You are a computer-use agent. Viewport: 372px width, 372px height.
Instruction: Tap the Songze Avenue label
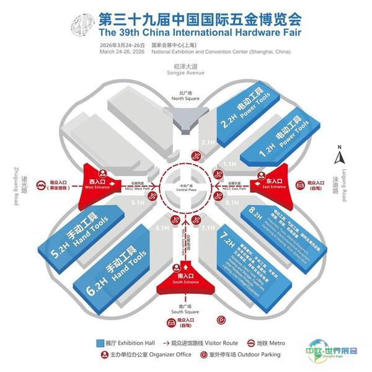[185, 72]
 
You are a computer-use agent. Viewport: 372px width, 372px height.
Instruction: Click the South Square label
[185, 309]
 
